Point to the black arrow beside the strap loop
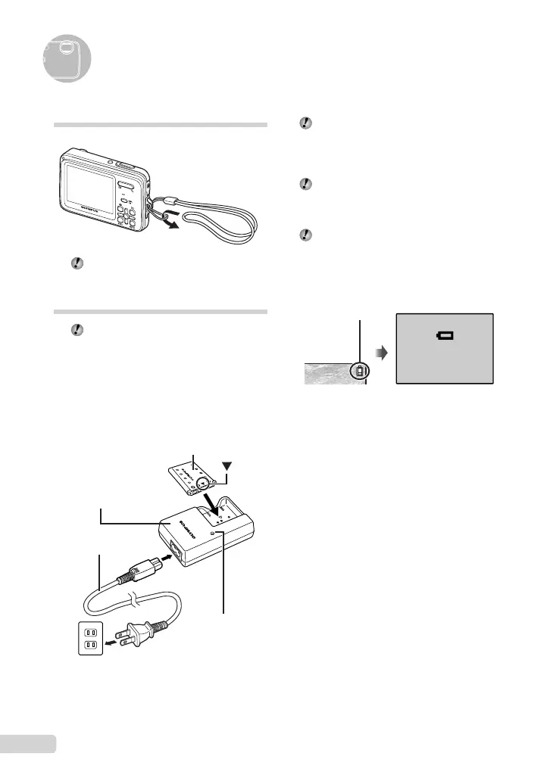pyautogui.click(x=173, y=224)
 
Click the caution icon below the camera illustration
pyautogui.click(x=75, y=264)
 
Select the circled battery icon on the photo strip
pyautogui.click(x=361, y=371)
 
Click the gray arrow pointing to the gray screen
pyautogui.click(x=383, y=351)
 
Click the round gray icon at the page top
pyautogui.click(x=67, y=58)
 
